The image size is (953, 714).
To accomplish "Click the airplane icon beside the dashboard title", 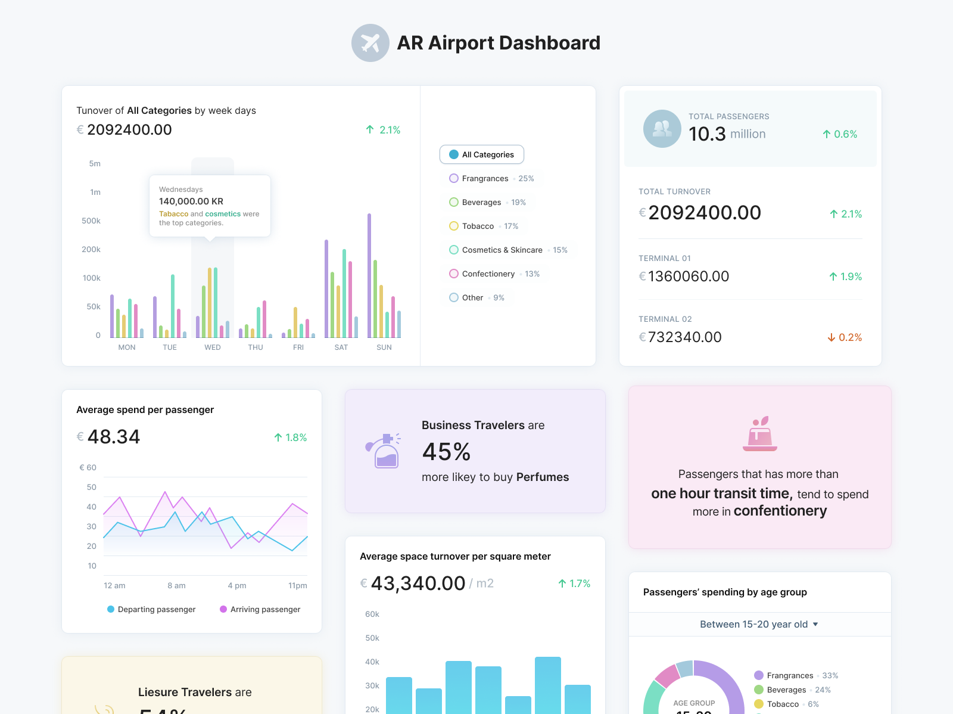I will pyautogui.click(x=370, y=43).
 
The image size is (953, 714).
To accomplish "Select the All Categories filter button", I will pyautogui.click(x=481, y=154).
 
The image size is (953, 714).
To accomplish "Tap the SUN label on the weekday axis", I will pyautogui.click(x=384, y=347).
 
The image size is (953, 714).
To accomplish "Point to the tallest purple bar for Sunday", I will pyautogui.click(x=369, y=274).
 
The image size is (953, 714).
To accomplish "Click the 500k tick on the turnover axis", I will pyautogui.click(x=91, y=221).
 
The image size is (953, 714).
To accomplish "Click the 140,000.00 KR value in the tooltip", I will pyautogui.click(x=191, y=201).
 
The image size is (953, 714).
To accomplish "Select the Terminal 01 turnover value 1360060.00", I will pyautogui.click(x=688, y=277).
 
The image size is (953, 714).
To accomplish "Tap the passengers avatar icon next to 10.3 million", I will pyautogui.click(x=662, y=129).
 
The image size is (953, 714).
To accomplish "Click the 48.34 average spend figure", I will pyautogui.click(x=113, y=437).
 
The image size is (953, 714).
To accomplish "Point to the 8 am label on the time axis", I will pyautogui.click(x=176, y=586).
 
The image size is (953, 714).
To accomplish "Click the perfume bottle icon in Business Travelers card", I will pyautogui.click(x=383, y=451).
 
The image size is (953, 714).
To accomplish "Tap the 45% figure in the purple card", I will pyautogui.click(x=446, y=452).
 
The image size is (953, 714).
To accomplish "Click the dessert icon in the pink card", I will pyautogui.click(x=759, y=434).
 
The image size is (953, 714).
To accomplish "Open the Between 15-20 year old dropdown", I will pyautogui.click(x=759, y=624).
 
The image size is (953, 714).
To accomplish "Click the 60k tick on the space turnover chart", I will pyautogui.click(x=372, y=614).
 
